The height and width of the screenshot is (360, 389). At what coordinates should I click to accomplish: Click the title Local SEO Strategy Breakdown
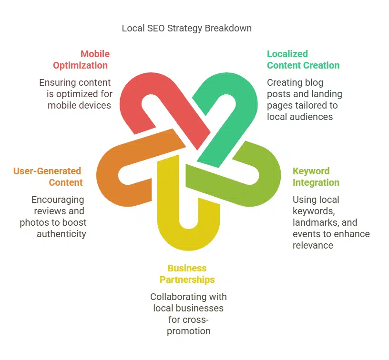[186, 28]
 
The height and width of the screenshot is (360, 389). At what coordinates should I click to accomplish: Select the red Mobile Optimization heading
[81, 60]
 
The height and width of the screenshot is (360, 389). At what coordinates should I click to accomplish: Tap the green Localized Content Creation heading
[303, 60]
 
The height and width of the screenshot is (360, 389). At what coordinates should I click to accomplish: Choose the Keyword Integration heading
[316, 177]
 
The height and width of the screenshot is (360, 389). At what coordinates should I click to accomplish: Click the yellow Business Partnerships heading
[187, 274]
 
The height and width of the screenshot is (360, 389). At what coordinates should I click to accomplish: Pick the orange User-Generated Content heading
[48, 177]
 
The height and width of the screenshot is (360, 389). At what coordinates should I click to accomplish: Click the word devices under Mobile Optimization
[95, 105]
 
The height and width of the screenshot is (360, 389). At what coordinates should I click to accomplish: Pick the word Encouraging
[58, 200]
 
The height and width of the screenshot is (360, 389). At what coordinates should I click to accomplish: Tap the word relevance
[313, 245]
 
